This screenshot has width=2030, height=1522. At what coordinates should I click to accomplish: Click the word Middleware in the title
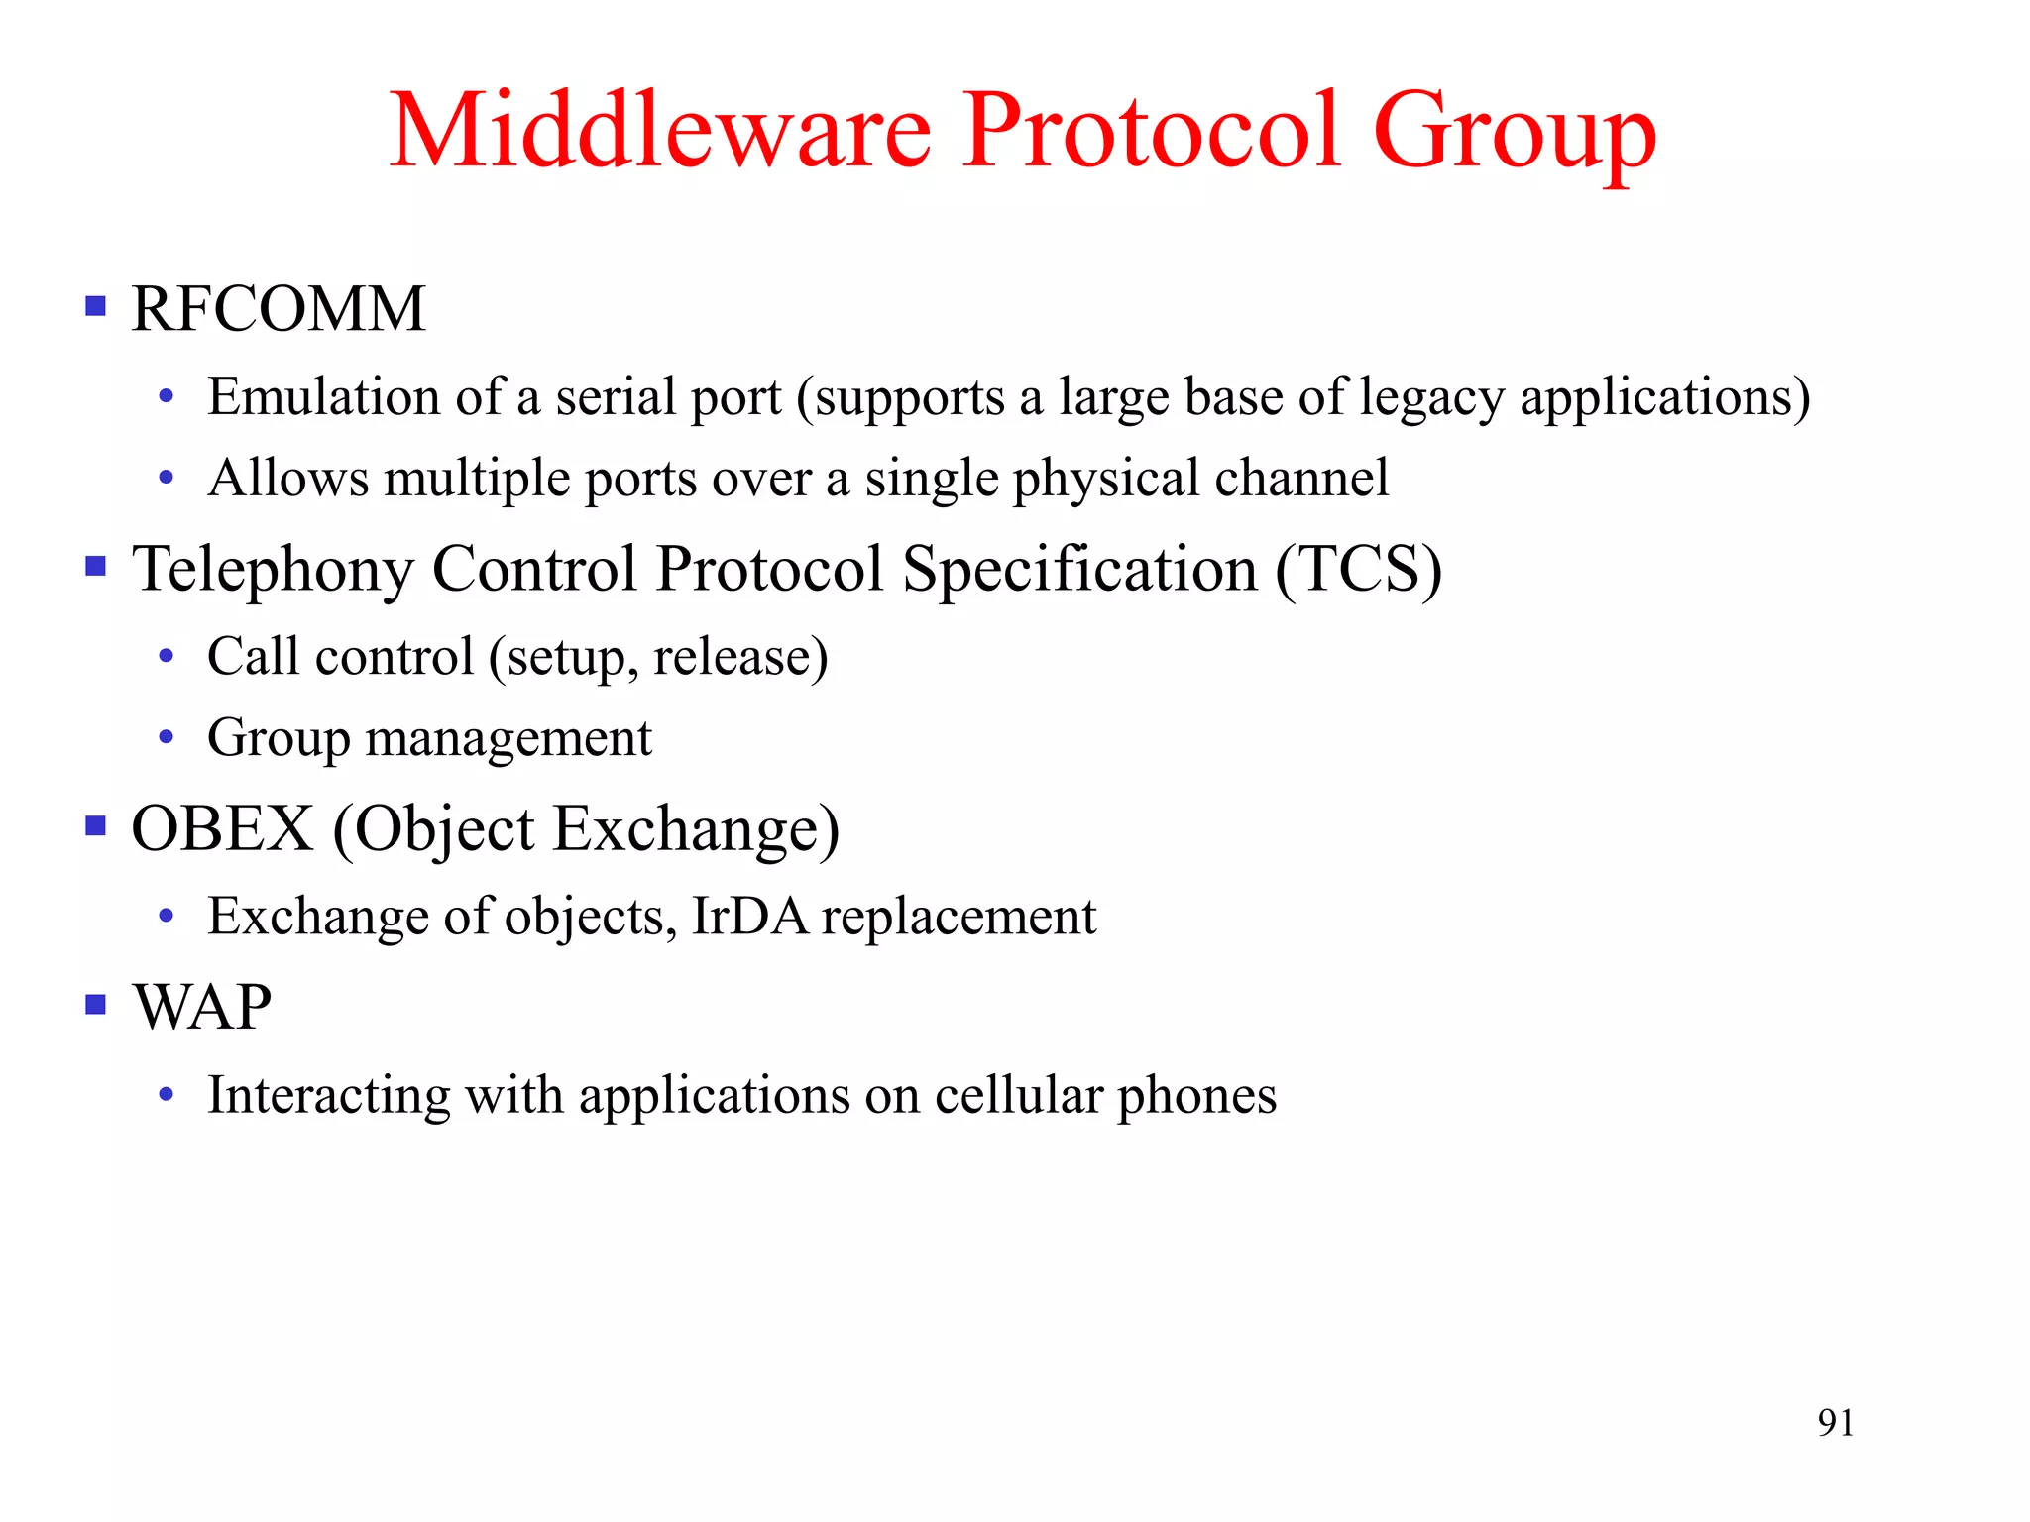pyautogui.click(x=660, y=131)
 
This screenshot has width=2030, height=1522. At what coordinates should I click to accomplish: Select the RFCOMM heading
pyautogui.click(x=279, y=309)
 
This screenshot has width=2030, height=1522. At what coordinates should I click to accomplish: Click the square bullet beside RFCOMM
pyautogui.click(x=96, y=306)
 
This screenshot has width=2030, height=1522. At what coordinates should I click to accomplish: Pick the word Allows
pyautogui.click(x=288, y=479)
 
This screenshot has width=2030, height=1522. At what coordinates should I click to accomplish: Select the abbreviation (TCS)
pyautogui.click(x=1358, y=571)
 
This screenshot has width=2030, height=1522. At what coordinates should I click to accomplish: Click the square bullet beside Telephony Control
pyautogui.click(x=96, y=567)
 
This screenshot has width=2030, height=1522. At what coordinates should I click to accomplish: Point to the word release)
pyautogui.click(x=740, y=658)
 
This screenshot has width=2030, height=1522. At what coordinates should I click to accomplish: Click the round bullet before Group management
pyautogui.click(x=167, y=737)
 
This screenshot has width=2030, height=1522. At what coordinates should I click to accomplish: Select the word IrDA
pyautogui.click(x=749, y=917)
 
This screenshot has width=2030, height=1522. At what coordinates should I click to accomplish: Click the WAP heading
pyautogui.click(x=202, y=1008)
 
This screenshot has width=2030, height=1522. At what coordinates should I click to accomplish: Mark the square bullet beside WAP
pyautogui.click(x=96, y=1005)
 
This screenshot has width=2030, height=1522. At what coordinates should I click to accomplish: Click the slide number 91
pyautogui.click(x=1835, y=1423)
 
